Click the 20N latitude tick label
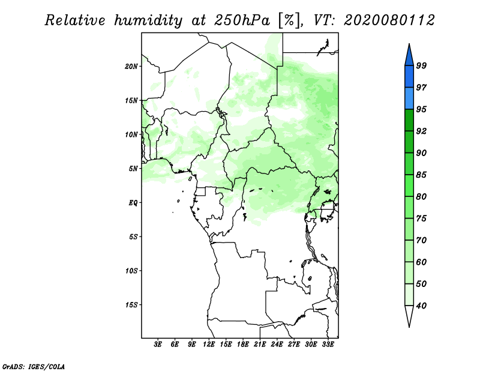coord(131,67)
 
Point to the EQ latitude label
coord(133,203)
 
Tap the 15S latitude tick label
coord(131,305)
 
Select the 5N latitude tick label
coord(133,169)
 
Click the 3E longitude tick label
coord(158,345)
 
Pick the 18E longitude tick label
coord(243,345)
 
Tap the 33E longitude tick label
coord(328,345)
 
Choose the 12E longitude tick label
coord(209,345)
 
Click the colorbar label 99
coord(421,65)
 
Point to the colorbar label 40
coord(421,306)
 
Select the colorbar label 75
coord(421,218)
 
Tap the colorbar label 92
coord(421,131)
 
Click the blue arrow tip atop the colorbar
coord(409,44)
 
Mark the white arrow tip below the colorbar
coord(409,327)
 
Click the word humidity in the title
coord(148,20)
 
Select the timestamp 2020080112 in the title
coord(389,20)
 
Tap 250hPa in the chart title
coord(242,20)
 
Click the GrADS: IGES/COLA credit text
coord(34,366)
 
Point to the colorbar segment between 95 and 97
coord(409,98)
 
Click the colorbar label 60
coord(421,262)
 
